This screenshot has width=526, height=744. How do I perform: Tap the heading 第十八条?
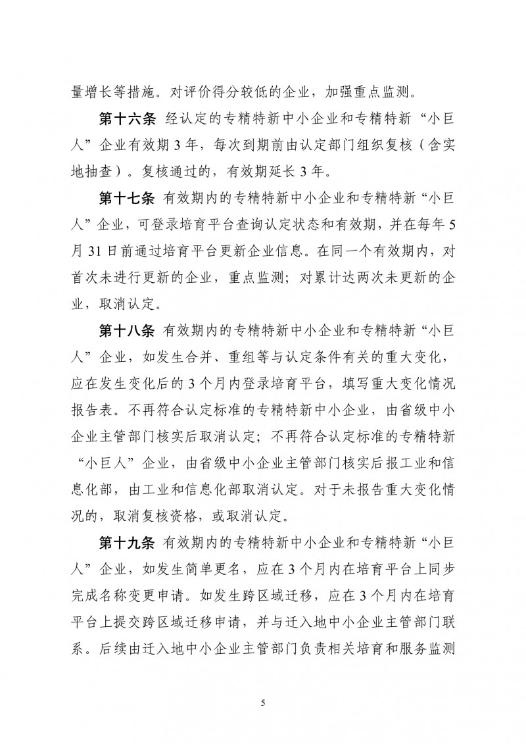(126, 327)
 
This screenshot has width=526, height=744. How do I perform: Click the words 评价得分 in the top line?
(208, 90)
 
